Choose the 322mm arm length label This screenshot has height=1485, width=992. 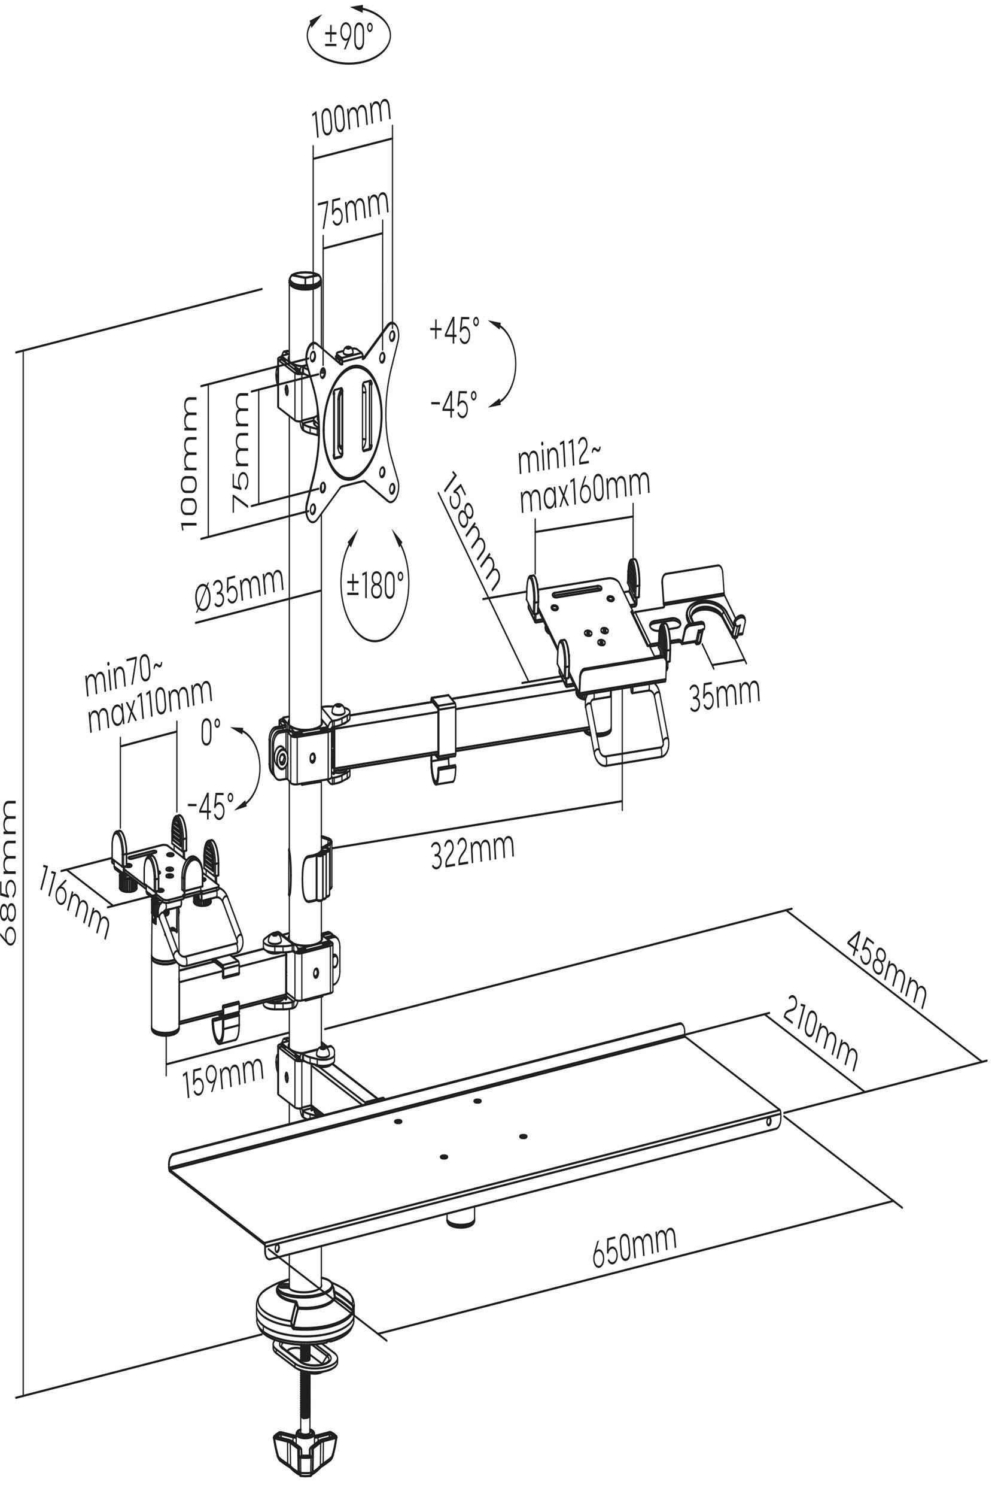(472, 851)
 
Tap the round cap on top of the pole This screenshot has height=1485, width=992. (305, 280)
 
